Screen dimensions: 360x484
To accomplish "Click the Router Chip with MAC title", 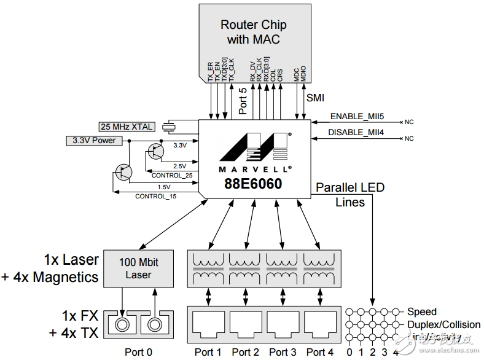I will click(253, 33).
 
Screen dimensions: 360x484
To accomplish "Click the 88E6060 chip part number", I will click(252, 184).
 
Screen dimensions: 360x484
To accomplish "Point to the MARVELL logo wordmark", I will click(252, 168).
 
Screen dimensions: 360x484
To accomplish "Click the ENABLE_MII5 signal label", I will click(356, 116).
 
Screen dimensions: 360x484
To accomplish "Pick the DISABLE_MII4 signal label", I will click(356, 133).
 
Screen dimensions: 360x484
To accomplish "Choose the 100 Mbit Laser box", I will click(138, 269).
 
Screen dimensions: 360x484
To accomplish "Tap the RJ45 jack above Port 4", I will click(320, 323).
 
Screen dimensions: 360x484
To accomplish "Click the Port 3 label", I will click(283, 352).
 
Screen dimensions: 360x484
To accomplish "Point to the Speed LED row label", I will click(422, 311).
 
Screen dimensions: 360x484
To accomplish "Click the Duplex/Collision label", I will click(444, 324).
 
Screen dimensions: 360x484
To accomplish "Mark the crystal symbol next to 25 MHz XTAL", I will click(170, 127).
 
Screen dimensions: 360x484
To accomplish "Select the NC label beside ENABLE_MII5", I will click(408, 122).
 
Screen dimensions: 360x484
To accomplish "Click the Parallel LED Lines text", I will click(350, 195).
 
